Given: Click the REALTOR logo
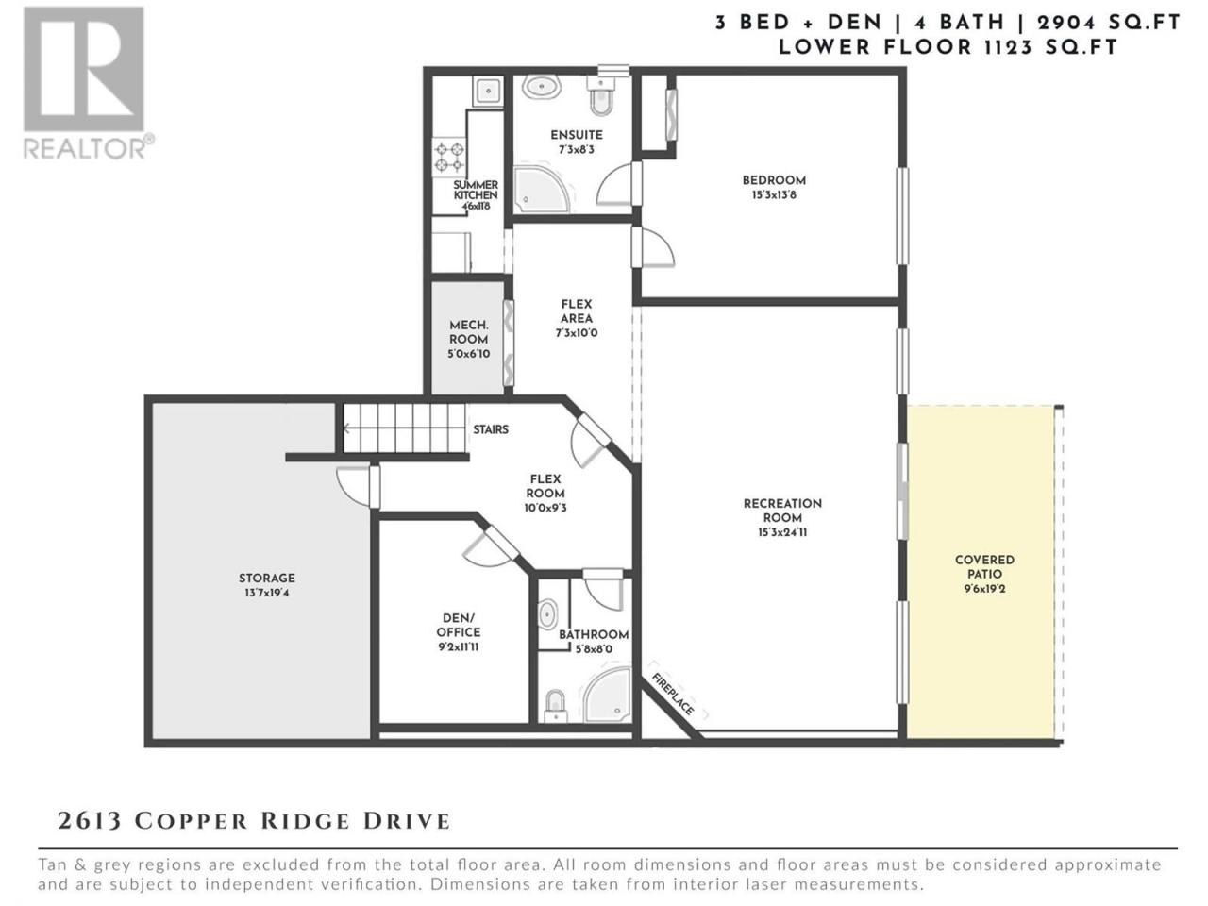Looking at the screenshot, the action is click(88, 83).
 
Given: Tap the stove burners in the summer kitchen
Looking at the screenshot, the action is click(449, 158).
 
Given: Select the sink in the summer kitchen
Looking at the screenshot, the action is click(488, 90).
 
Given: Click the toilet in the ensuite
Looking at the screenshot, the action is click(600, 96).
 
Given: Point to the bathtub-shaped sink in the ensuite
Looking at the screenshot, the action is click(541, 87).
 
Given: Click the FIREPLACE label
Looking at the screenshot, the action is click(673, 695).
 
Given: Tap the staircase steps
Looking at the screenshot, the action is click(405, 428).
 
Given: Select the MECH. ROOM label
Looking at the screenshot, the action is click(468, 331).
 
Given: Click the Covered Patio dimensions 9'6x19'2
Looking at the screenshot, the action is click(984, 589).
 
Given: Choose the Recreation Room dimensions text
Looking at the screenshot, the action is click(782, 532).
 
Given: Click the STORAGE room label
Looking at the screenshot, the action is click(267, 579).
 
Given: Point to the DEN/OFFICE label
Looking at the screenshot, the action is click(458, 625).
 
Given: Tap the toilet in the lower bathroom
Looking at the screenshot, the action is click(556, 706).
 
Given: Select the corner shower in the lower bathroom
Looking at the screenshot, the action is click(608, 696).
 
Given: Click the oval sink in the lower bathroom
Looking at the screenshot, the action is click(547, 614).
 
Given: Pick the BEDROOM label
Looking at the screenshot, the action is click(774, 180).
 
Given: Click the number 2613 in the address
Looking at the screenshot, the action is click(89, 821).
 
